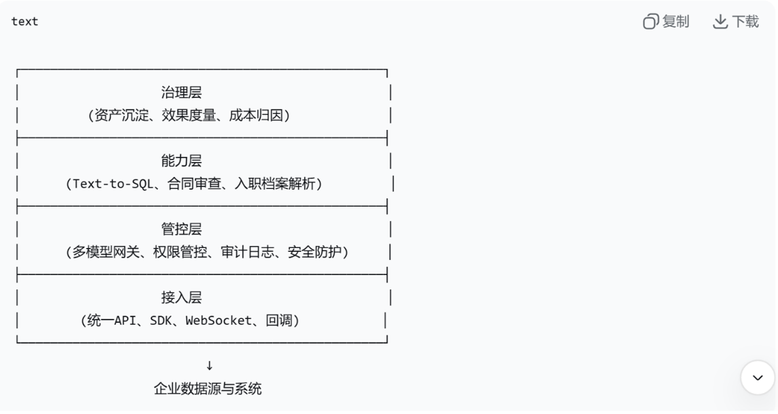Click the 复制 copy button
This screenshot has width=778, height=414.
[666, 22]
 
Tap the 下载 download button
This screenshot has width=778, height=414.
[736, 22]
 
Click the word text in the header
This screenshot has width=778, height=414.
[25, 22]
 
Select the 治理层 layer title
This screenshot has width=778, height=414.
[181, 93]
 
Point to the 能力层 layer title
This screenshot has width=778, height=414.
[181, 161]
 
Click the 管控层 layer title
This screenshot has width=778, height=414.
[181, 229]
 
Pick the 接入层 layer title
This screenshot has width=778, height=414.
[181, 297]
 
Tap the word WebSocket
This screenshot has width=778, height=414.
[218, 321]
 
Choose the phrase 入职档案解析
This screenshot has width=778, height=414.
[276, 184]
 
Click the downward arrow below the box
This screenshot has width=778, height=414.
[209, 365]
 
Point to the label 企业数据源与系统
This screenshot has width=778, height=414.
[207, 388]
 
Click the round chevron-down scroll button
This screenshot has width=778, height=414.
[758, 378]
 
